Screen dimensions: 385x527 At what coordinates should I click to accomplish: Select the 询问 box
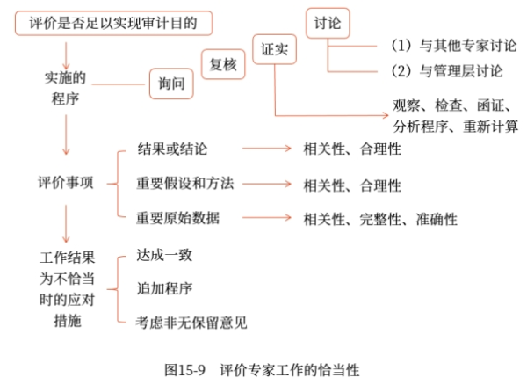coord(171,84)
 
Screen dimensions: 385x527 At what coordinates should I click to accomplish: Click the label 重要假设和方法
coord(184,184)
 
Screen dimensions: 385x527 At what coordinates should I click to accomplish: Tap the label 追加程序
coord(164,288)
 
